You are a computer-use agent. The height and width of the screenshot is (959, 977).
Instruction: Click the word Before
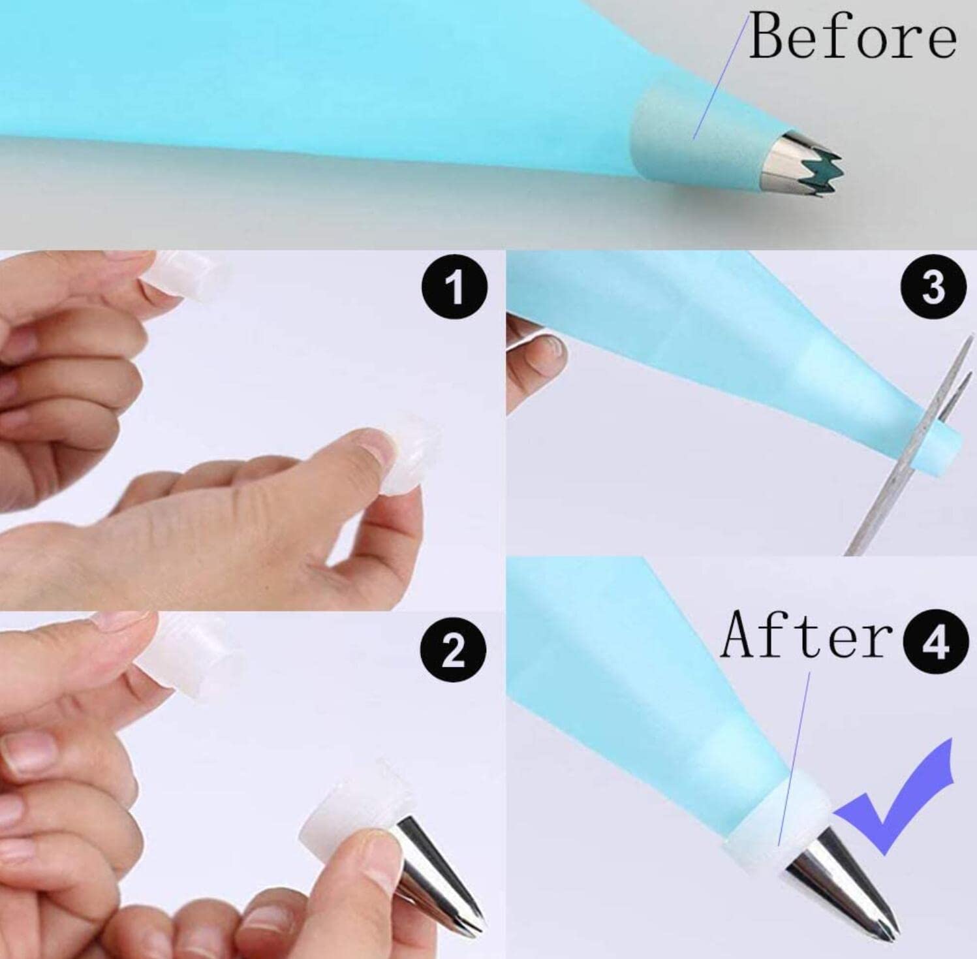pyautogui.click(x=852, y=36)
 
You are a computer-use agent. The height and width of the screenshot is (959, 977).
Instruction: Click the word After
pyautogui.click(x=807, y=635)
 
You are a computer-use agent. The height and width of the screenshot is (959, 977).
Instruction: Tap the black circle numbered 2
pyautogui.click(x=454, y=652)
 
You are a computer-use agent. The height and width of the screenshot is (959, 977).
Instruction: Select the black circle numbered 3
pyautogui.click(x=933, y=287)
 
